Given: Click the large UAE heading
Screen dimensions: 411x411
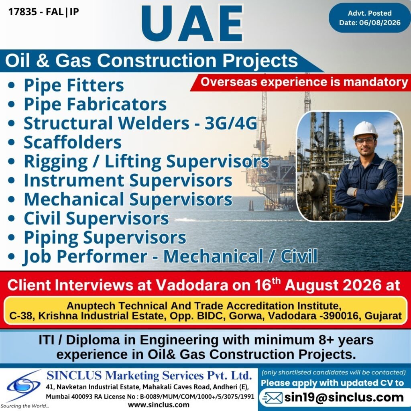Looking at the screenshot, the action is (192, 24).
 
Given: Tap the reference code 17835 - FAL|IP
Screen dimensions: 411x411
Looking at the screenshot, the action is (44, 12).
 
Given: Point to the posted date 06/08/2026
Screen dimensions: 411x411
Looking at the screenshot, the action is (380, 23).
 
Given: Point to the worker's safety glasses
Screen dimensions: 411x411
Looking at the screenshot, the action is (365, 141).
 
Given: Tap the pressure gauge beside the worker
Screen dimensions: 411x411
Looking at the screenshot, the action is (319, 136).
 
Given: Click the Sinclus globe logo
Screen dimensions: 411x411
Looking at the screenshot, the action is (24, 385).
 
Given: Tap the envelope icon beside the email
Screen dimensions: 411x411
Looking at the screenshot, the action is (273, 398).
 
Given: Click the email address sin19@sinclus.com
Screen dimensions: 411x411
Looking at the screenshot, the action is (344, 397).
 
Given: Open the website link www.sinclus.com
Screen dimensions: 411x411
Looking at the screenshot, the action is (159, 405).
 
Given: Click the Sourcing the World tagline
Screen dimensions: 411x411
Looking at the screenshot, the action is (25, 406).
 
